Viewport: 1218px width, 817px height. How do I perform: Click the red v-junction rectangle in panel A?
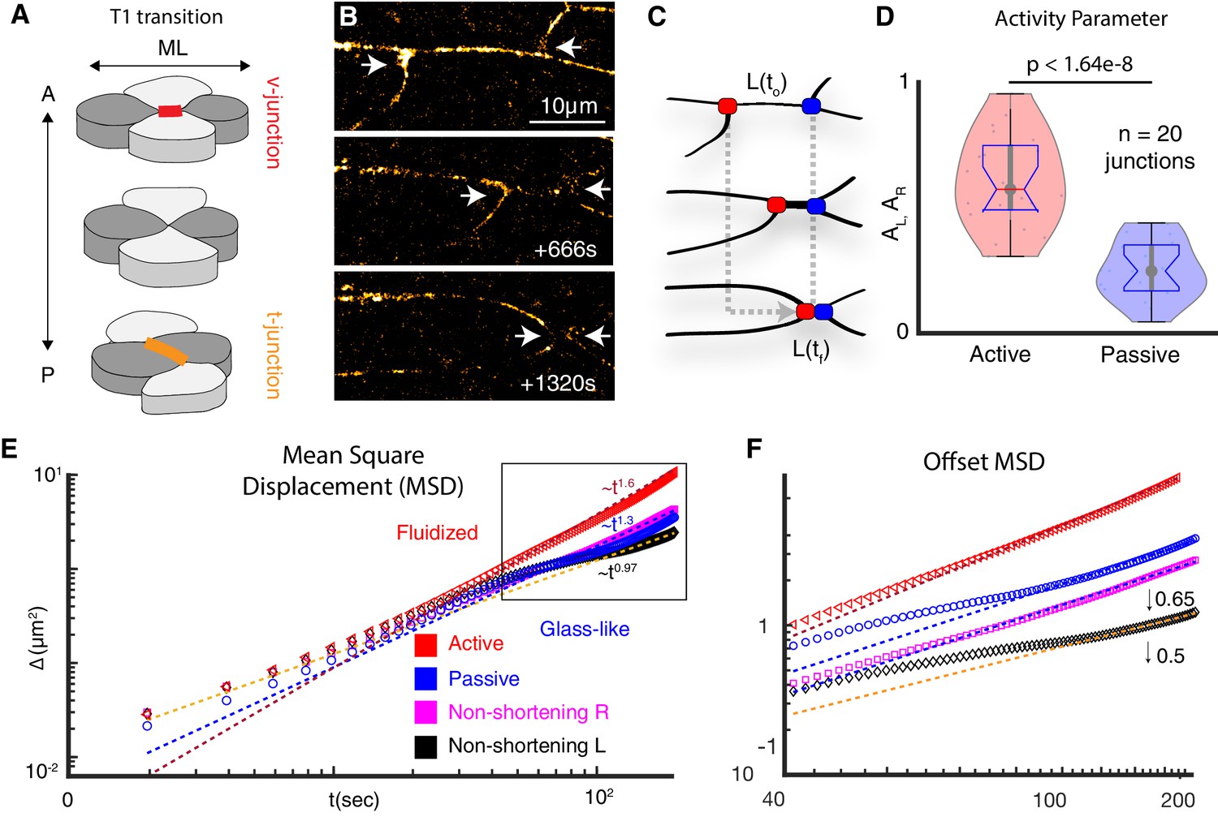click(x=170, y=111)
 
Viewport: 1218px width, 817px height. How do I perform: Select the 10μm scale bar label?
click(x=568, y=106)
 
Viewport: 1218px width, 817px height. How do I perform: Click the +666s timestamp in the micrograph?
click(x=565, y=249)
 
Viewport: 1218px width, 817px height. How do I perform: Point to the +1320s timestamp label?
click(x=558, y=383)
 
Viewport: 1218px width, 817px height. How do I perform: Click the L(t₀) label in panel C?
click(x=766, y=83)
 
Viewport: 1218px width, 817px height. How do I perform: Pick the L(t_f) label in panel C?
click(x=810, y=350)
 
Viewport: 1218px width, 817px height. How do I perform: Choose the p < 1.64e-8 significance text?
click(x=1079, y=64)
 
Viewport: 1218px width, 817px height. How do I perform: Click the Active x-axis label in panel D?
click(x=1000, y=355)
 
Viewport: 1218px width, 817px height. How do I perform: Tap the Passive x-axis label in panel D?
click(x=1139, y=355)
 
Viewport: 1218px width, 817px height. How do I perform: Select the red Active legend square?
click(x=426, y=644)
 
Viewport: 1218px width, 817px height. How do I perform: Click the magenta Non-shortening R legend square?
click(x=426, y=712)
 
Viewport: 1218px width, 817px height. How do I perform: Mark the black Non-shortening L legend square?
click(x=426, y=746)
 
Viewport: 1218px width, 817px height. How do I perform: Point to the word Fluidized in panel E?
click(x=437, y=532)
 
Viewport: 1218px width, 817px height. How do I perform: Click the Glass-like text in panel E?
click(x=585, y=629)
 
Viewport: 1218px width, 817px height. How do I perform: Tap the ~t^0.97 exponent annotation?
click(x=618, y=571)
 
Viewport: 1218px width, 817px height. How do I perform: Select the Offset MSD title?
click(x=983, y=462)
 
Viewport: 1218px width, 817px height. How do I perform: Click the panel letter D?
click(x=884, y=16)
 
